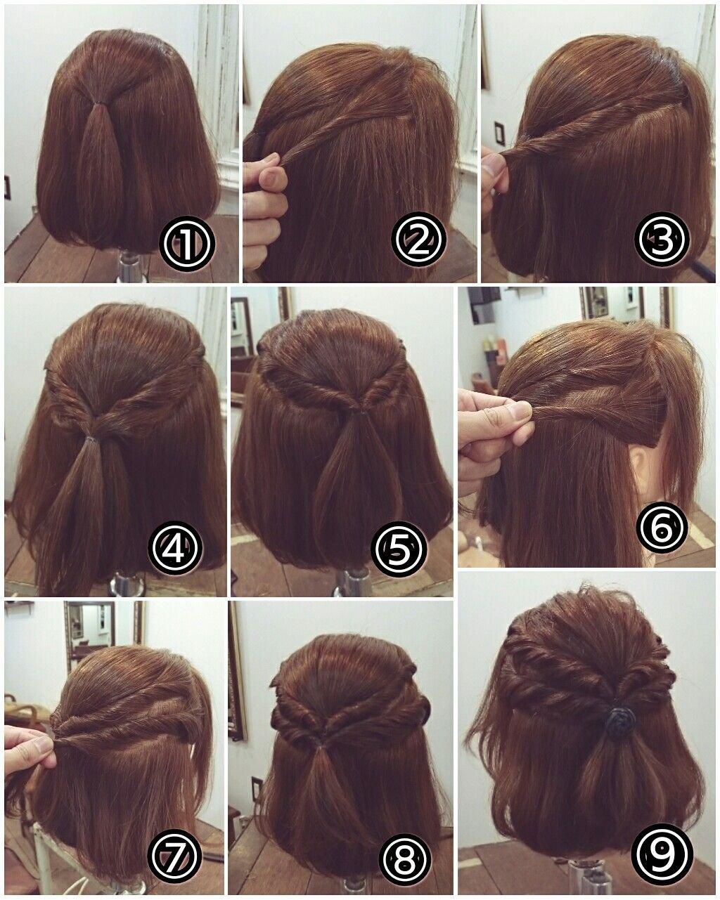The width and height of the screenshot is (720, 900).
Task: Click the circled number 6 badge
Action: pyautogui.click(x=662, y=528)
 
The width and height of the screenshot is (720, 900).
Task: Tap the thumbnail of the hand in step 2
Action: pyautogui.click(x=274, y=179)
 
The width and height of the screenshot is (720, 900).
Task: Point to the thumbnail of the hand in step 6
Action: pyautogui.click(x=520, y=412)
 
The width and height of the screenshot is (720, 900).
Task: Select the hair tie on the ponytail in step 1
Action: pyautogui.click(x=97, y=103)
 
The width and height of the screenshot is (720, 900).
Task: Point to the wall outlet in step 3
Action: pyautogui.click(x=499, y=132)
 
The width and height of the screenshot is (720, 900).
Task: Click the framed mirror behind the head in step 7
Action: pyautogui.click(x=91, y=636)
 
